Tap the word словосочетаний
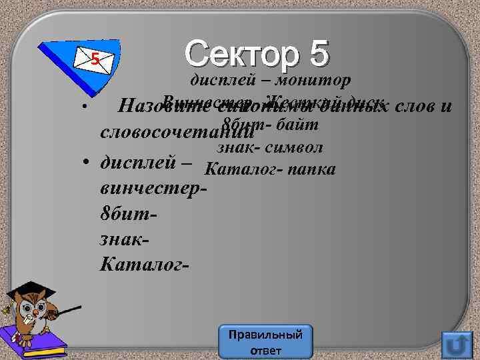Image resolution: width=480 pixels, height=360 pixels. click(x=177, y=131)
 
